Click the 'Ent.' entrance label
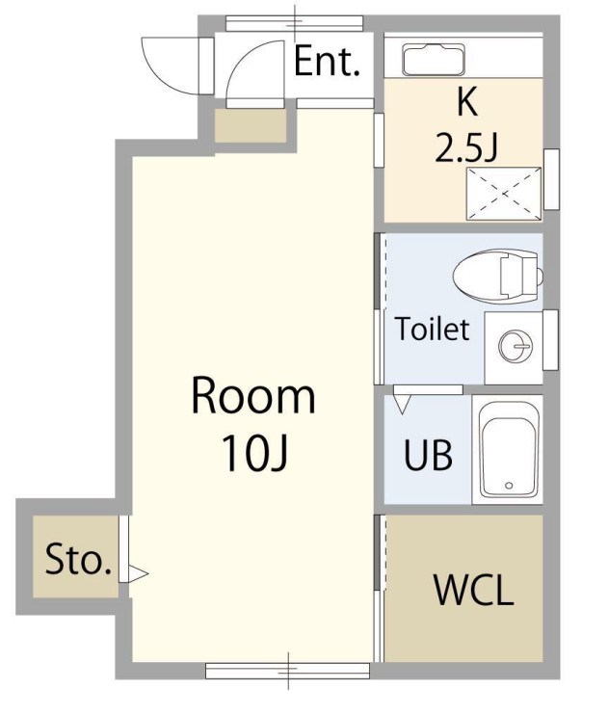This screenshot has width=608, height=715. pyautogui.click(x=327, y=62)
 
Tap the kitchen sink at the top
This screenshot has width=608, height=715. pyautogui.click(x=434, y=60)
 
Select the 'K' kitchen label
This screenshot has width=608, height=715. pyautogui.click(x=467, y=102)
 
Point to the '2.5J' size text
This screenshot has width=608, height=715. pyautogui.click(x=465, y=146)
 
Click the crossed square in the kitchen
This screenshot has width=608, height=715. pyautogui.click(x=504, y=194)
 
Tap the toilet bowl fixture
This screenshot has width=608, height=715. pyautogui.click(x=497, y=276)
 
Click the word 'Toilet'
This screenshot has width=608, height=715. pyautogui.click(x=432, y=329)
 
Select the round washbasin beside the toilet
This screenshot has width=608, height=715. pyautogui.click(x=515, y=347)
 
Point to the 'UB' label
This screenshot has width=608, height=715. pyautogui.click(x=428, y=455)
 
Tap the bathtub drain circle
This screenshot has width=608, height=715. pyautogui.click(x=509, y=486)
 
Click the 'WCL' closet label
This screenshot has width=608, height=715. pyautogui.click(x=474, y=590)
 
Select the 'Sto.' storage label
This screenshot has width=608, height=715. pyautogui.click(x=78, y=560)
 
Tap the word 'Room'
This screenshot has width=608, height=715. pyautogui.click(x=253, y=396)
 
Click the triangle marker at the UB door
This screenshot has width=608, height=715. pyautogui.click(x=402, y=404)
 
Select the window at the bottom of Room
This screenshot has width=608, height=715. pyautogui.click(x=287, y=671)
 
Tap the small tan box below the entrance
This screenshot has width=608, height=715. pyautogui.click(x=251, y=125)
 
